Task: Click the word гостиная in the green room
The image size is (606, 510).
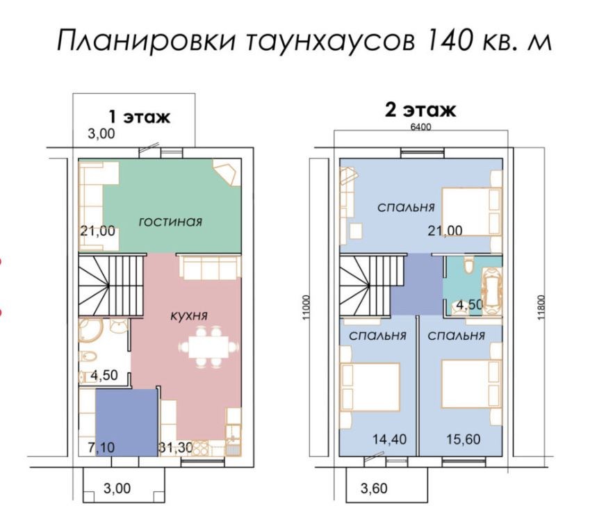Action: (x=170, y=222)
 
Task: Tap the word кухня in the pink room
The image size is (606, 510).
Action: (x=189, y=315)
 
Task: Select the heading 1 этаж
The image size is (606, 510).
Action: (x=139, y=117)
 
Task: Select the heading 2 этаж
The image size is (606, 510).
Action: (x=420, y=110)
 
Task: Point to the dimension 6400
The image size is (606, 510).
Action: (x=420, y=126)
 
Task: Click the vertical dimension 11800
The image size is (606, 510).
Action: (x=541, y=308)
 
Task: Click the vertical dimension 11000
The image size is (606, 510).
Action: (x=306, y=308)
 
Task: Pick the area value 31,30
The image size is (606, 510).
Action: (x=175, y=447)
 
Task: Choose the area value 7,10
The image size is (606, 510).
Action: (x=101, y=447)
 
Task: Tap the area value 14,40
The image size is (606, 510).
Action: (x=390, y=439)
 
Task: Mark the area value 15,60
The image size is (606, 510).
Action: (x=464, y=439)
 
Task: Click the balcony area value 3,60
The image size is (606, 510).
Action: (x=374, y=488)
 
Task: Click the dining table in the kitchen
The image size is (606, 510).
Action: (x=208, y=347)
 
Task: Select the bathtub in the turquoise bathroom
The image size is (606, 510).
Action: (x=491, y=286)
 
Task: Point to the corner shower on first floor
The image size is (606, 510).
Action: (x=90, y=331)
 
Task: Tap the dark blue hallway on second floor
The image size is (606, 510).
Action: (x=418, y=283)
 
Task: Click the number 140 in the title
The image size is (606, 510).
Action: (x=450, y=40)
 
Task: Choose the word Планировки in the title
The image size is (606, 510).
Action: (x=147, y=40)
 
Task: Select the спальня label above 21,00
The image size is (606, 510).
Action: (x=406, y=208)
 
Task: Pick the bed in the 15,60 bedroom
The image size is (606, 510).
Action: (x=471, y=384)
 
